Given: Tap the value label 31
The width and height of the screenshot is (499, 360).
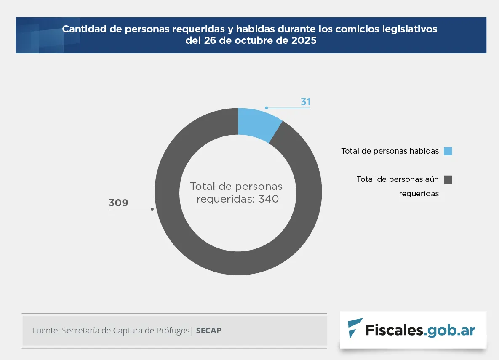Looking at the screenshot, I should pyautogui.click(x=305, y=102).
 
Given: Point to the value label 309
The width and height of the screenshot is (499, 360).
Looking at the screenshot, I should pyautogui.click(x=118, y=203).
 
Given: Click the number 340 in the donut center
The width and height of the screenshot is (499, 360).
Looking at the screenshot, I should pyautogui.click(x=269, y=199).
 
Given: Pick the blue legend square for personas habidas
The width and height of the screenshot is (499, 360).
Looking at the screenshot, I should pyautogui.click(x=448, y=151).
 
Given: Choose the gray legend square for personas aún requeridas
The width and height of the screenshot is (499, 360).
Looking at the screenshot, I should pyautogui.click(x=448, y=180).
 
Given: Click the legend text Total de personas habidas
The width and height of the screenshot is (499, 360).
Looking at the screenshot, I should pyautogui.click(x=390, y=151).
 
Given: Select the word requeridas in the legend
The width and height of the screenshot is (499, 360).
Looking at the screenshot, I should pyautogui.click(x=419, y=194).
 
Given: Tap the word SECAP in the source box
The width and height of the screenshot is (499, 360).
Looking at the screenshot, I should pyautogui.click(x=208, y=331).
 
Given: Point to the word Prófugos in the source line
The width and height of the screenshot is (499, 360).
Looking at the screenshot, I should pyautogui.click(x=173, y=331).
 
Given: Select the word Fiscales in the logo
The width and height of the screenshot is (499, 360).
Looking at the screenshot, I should pyautogui.click(x=394, y=330).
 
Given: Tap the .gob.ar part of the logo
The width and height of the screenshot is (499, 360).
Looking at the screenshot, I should pyautogui.click(x=450, y=330).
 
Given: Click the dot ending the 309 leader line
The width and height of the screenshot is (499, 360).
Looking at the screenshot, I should pyautogui.click(x=152, y=209).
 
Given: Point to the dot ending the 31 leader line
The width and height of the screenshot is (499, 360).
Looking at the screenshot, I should pyautogui.click(x=266, y=108).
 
